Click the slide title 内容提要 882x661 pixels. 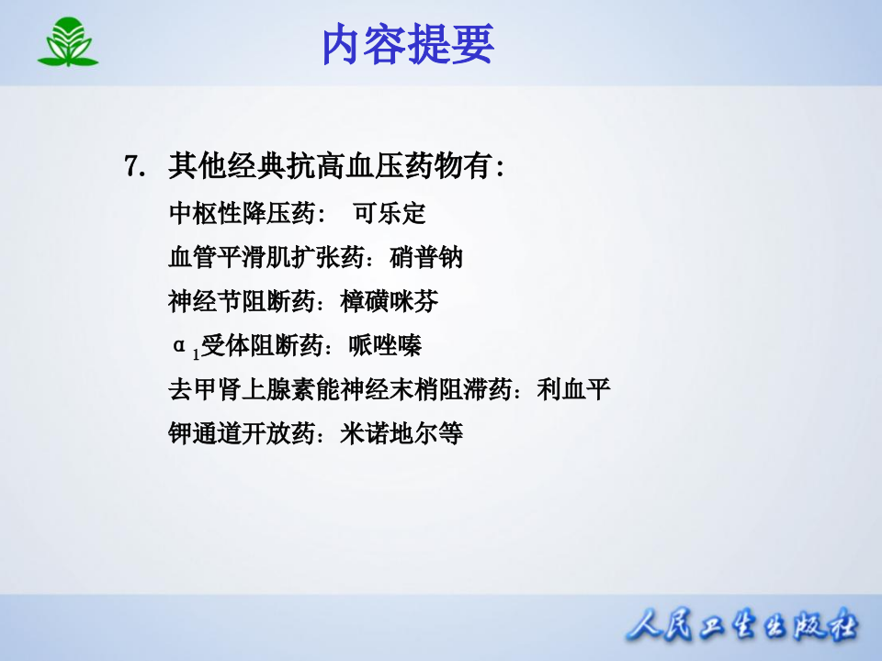click(408, 44)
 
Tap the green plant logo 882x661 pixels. click(67, 43)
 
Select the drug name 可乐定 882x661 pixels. click(390, 214)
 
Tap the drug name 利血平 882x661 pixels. click(574, 389)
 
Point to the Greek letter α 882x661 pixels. click(180, 345)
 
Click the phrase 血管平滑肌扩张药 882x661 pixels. click(266, 258)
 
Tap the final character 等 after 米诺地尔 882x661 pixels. click(451, 433)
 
